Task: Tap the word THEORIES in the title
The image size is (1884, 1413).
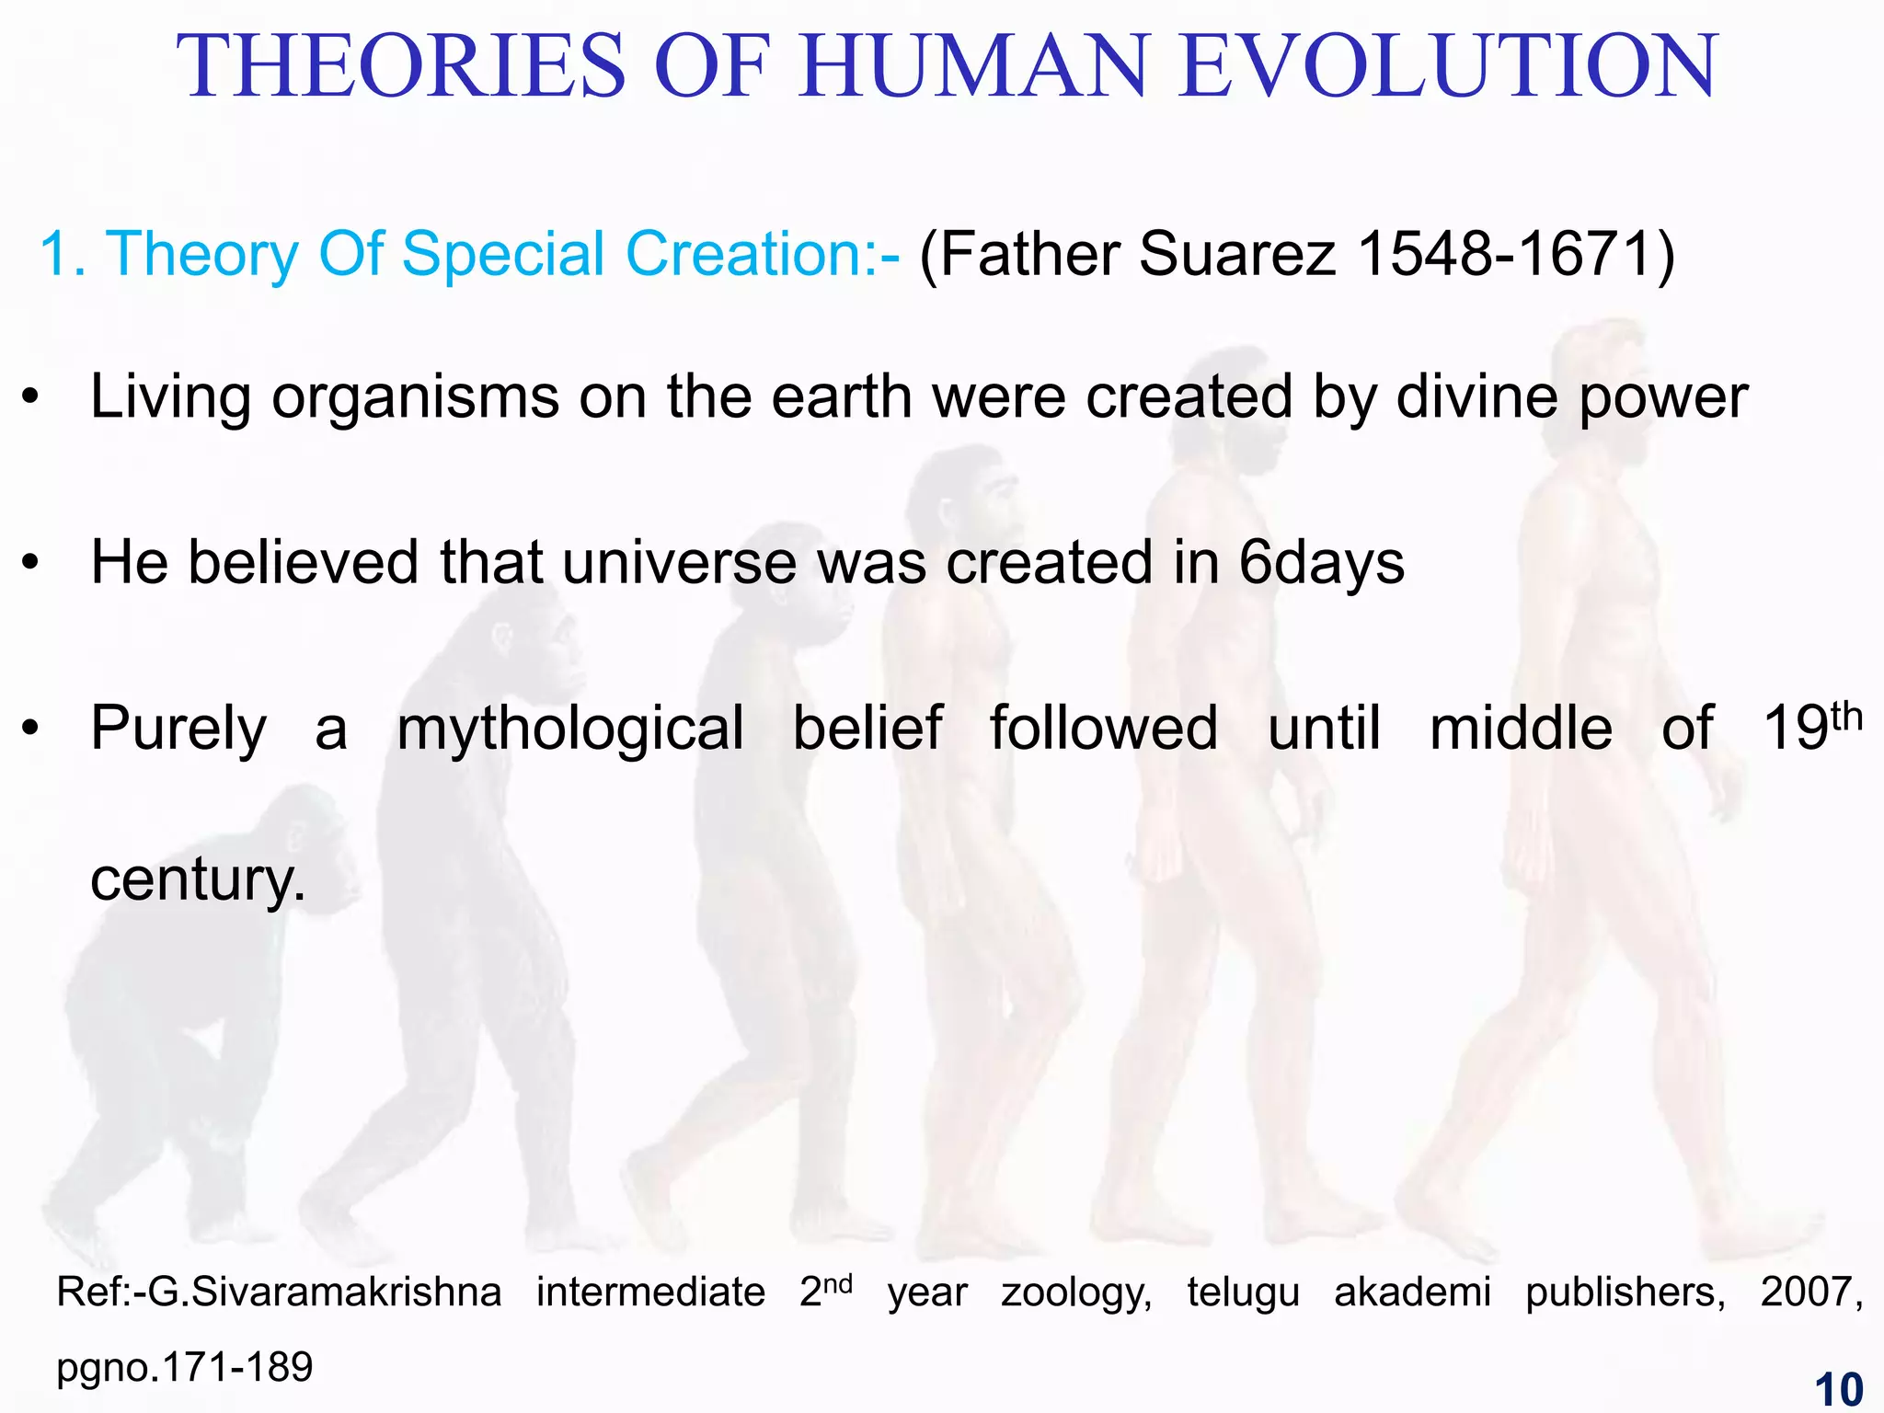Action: coord(401,66)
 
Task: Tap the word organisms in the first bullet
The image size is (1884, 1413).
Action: coord(415,399)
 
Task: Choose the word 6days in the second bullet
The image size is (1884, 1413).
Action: coord(1321,563)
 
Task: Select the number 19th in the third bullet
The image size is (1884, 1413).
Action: coord(1811,727)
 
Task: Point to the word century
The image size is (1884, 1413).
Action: coord(197,879)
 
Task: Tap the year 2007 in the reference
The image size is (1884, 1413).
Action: coord(1810,1292)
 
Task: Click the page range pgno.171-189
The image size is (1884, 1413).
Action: coord(185,1368)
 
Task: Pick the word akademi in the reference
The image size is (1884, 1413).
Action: coord(1412,1292)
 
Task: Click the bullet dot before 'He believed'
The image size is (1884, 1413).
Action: coord(31,563)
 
